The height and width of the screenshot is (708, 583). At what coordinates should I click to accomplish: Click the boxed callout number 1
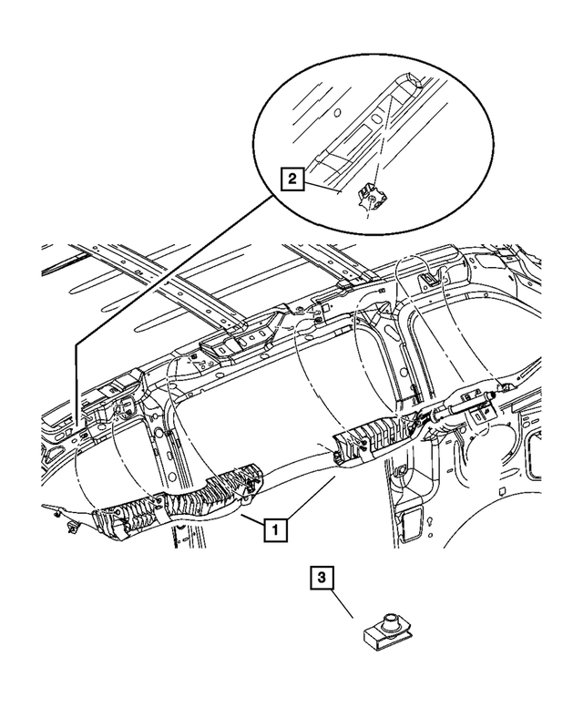click(x=275, y=528)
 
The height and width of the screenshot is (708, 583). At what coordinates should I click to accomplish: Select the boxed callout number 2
click(x=291, y=180)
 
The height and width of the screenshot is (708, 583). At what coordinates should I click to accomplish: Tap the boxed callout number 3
click(x=322, y=578)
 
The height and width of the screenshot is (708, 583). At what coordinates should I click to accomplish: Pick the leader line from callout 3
click(x=343, y=604)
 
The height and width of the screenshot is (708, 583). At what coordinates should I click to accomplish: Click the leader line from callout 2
click(x=322, y=187)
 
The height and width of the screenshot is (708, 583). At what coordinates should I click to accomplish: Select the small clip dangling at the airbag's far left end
click(x=71, y=526)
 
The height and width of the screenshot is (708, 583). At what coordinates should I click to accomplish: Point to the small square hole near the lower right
click(x=502, y=491)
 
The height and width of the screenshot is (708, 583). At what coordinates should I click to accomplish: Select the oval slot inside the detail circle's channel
click(x=375, y=119)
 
